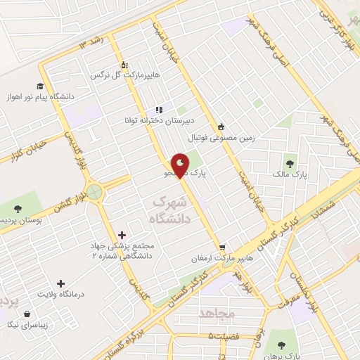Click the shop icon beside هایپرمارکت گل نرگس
click(x=124, y=65)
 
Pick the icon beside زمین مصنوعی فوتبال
click(x=222, y=127)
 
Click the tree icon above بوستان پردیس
click(x=18, y=209)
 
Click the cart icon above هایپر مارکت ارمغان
click(x=222, y=247)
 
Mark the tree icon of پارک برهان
click(x=281, y=345)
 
